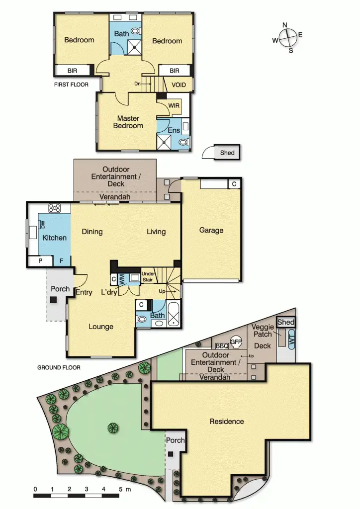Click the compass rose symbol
click(287, 37)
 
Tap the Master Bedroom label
click(128, 122)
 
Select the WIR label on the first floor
click(174, 106)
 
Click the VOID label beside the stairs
click(179, 85)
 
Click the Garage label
click(211, 230)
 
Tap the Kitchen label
click(54, 238)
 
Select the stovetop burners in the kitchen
click(54, 208)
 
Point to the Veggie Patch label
click(262, 331)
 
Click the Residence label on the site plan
click(227, 421)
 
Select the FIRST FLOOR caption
click(71, 85)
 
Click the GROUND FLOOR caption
click(59, 368)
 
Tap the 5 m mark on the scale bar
click(120, 490)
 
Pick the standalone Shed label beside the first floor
click(227, 153)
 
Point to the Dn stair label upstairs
click(138, 84)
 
